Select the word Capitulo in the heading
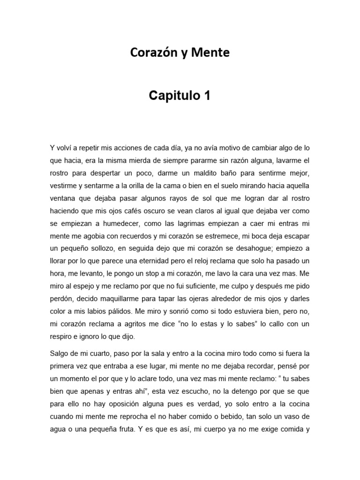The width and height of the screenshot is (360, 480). (172, 96)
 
